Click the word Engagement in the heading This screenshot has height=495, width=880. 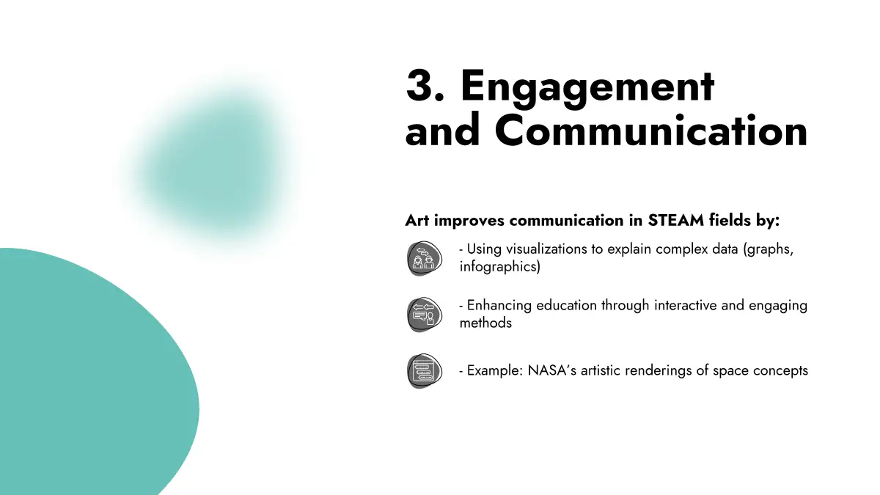587,89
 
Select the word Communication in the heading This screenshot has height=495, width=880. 651,130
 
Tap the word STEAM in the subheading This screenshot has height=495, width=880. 675,221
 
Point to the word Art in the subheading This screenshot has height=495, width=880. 417,221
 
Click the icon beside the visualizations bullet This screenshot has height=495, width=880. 425,258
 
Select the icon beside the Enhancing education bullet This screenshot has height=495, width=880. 425,315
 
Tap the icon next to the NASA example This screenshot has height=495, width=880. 425,371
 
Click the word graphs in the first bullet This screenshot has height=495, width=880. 769,250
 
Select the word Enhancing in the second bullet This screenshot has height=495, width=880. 499,306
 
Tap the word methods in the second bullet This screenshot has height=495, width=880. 485,323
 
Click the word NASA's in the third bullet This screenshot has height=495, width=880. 552,370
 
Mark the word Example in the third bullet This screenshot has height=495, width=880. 494,371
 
